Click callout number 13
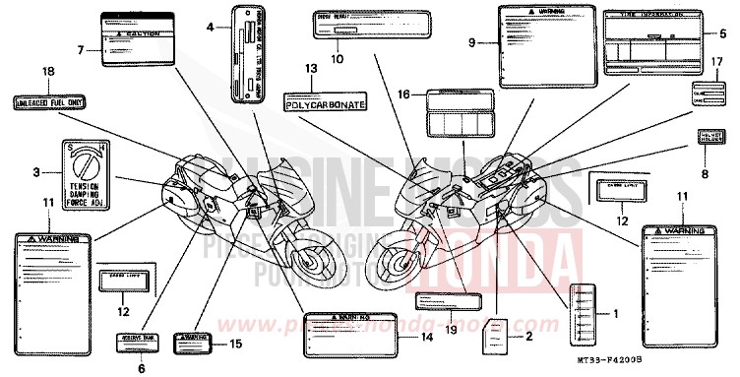pyautogui.click(x=311, y=69)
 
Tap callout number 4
pyautogui.click(x=210, y=28)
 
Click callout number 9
pyautogui.click(x=471, y=42)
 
